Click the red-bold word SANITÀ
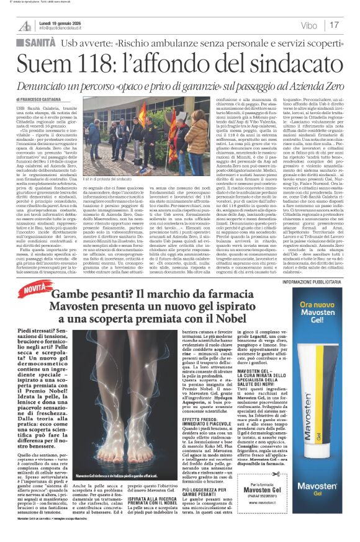pos(41,42)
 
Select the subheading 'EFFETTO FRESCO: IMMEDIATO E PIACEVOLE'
pos(191,439)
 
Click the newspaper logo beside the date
pos(25,24)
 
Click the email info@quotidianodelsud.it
pos(63,28)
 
